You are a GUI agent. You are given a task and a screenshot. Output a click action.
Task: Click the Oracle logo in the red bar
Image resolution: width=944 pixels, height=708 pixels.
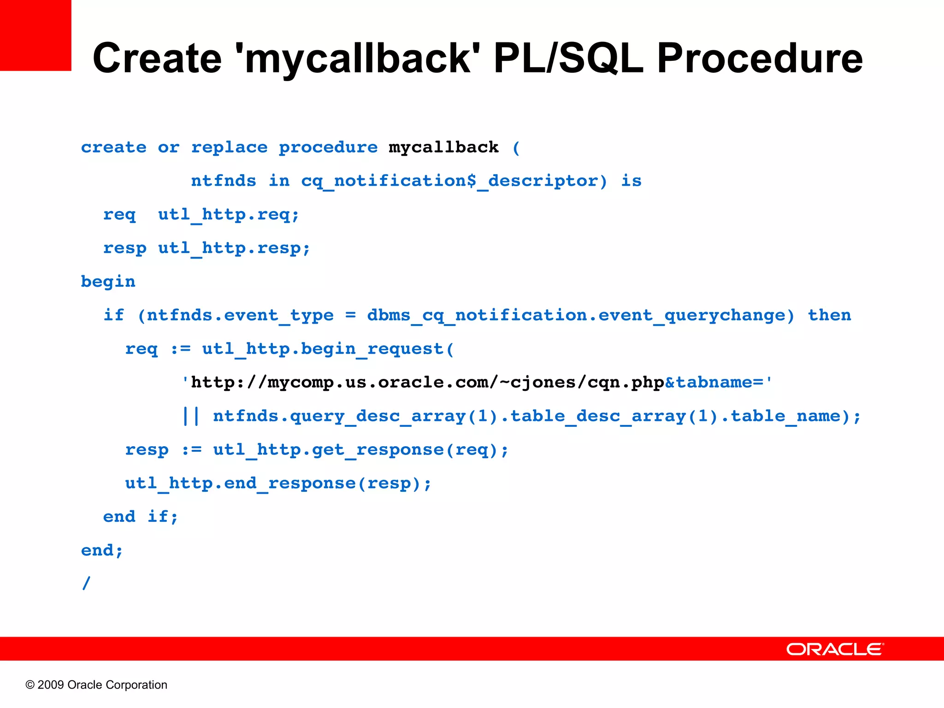[834, 649]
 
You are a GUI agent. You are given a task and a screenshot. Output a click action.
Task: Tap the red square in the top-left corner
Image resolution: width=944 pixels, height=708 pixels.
[35, 35]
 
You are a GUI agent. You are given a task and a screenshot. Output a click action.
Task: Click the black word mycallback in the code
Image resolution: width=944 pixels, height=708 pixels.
[443, 147]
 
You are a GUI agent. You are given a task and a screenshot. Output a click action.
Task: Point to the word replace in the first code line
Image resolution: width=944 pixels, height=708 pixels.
[229, 147]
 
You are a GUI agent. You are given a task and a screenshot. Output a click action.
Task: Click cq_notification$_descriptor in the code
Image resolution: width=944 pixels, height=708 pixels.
[454, 181]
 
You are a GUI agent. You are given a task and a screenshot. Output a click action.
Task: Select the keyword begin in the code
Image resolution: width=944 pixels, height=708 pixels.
[108, 282]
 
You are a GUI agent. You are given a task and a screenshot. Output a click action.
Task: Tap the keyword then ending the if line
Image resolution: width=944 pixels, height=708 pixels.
[829, 315]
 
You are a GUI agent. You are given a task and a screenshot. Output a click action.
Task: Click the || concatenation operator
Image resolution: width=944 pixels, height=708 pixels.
[191, 416]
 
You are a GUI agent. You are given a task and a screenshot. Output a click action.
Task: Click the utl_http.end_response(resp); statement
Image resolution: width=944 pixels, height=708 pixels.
[278, 484]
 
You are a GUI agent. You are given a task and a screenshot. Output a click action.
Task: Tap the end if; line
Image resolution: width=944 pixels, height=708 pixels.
[141, 517]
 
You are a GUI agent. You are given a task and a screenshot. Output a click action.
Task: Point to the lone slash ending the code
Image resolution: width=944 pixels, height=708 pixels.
[86, 583]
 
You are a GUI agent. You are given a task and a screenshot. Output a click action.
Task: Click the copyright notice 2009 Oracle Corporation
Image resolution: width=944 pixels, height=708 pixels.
[96, 685]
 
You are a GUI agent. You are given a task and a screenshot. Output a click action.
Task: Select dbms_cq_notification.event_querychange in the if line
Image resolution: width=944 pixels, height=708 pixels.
[580, 315]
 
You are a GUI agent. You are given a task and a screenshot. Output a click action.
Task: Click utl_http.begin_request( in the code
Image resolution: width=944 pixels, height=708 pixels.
[328, 349]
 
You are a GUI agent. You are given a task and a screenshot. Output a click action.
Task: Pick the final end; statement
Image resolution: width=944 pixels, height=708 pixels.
[102, 550]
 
